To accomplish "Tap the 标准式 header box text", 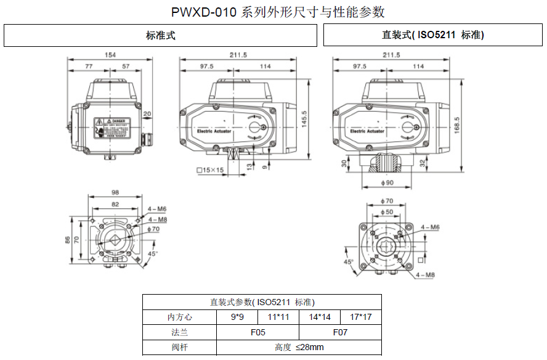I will (x=161, y=36).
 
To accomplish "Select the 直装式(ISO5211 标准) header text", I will (x=432, y=36).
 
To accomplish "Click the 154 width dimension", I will (x=110, y=55).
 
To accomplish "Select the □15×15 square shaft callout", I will (x=210, y=170).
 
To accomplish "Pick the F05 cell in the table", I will (x=257, y=332).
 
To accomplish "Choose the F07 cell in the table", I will (x=340, y=332).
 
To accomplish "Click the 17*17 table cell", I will (x=361, y=317).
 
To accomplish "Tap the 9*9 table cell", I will (x=237, y=317).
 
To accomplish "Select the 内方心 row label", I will (x=180, y=317).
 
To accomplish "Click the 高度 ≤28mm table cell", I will (x=299, y=347).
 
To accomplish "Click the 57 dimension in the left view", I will (x=126, y=66).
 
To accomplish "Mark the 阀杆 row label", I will (x=180, y=347).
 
